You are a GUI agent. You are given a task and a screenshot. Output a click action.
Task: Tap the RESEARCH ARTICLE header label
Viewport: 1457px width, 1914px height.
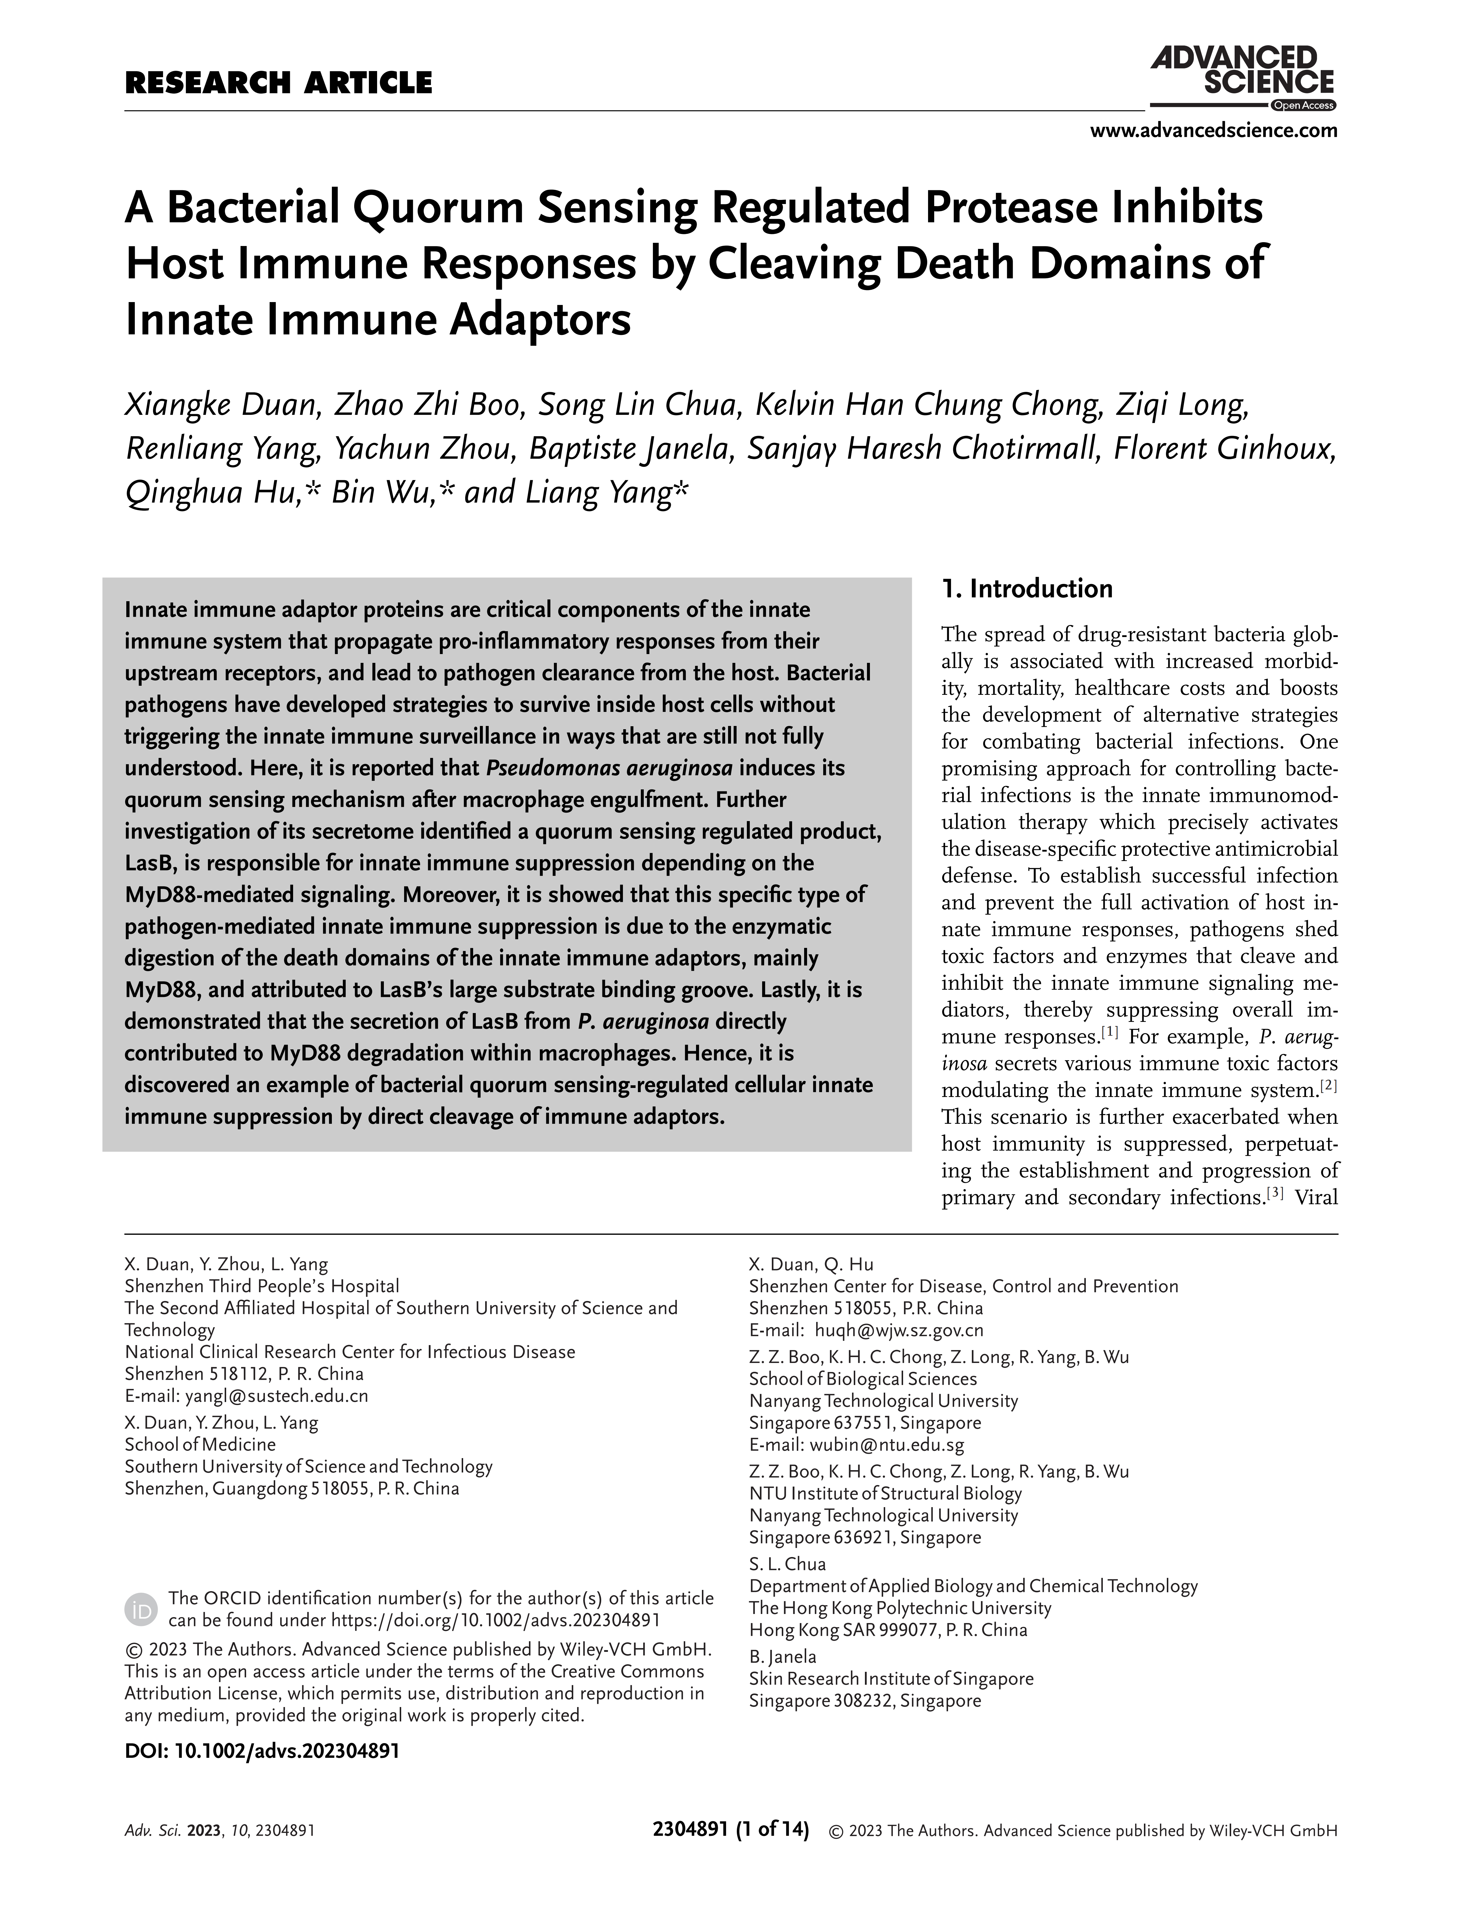pos(278,83)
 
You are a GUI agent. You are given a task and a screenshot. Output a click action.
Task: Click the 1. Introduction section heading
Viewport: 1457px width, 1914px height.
pos(1027,589)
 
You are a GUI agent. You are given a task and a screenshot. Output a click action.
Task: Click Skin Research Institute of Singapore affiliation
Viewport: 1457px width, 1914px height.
pos(891,1679)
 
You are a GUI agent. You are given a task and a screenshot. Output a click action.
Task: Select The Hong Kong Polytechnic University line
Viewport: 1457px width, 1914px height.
pos(899,1608)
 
